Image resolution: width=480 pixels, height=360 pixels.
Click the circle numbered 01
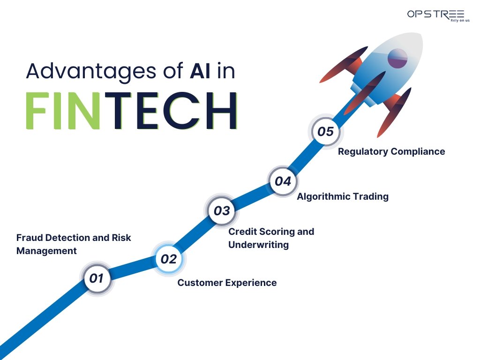(96, 278)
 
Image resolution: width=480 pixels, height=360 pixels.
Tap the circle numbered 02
(169, 259)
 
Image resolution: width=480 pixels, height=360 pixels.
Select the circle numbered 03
(222, 211)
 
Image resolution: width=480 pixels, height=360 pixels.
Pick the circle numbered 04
(283, 181)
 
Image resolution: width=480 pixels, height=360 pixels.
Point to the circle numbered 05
(325, 131)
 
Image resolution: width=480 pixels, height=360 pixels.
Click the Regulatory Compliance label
(391, 151)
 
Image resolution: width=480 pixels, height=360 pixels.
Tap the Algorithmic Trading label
(343, 196)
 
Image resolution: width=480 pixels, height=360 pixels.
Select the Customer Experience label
(227, 283)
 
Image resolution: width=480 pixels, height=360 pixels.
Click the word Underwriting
(258, 245)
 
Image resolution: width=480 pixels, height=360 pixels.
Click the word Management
(46, 251)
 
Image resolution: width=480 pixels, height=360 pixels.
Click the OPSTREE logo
(435, 15)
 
